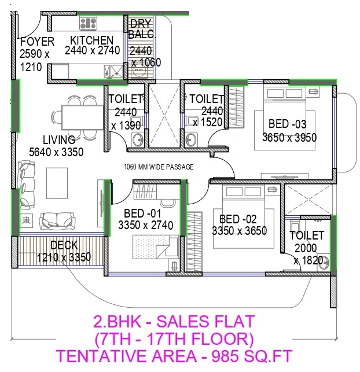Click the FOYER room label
click(x=37, y=42)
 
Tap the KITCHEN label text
click(x=91, y=40)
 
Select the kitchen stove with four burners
click(x=89, y=23)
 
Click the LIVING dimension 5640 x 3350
click(x=56, y=153)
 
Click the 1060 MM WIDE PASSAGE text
click(x=159, y=167)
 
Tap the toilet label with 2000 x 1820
click(x=307, y=235)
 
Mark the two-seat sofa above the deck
click(x=57, y=220)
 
